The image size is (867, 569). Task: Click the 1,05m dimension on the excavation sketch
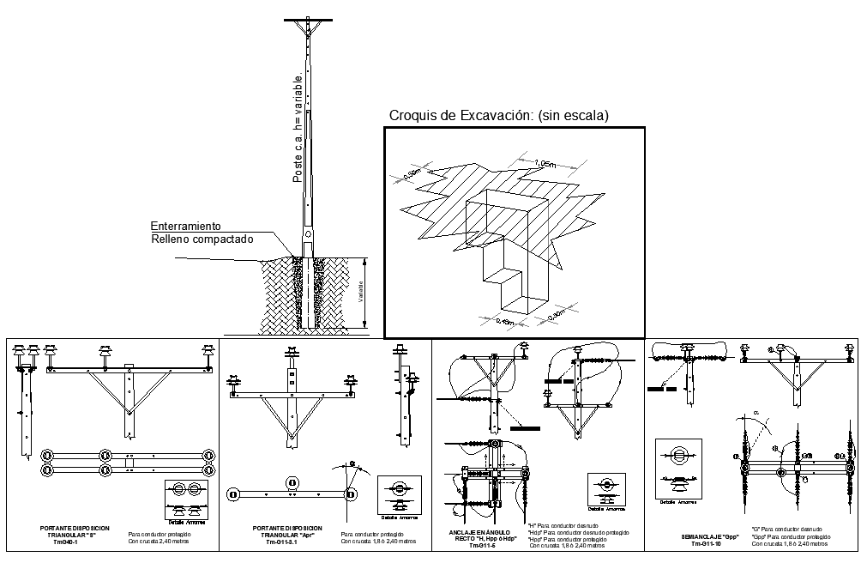point(545,163)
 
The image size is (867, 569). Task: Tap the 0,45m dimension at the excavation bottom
point(509,322)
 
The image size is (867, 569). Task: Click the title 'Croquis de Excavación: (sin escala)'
point(499,115)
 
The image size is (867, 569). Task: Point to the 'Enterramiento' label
point(186,226)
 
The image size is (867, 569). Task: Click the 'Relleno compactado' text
point(202,239)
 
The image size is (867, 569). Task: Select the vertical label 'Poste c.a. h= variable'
point(298,124)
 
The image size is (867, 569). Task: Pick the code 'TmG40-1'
point(66,542)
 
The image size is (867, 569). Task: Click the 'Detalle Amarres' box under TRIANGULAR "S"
point(187,501)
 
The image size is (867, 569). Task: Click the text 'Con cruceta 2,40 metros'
point(160,542)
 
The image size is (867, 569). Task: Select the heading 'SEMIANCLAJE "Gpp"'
point(707,536)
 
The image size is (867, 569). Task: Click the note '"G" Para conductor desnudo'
point(787,530)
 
